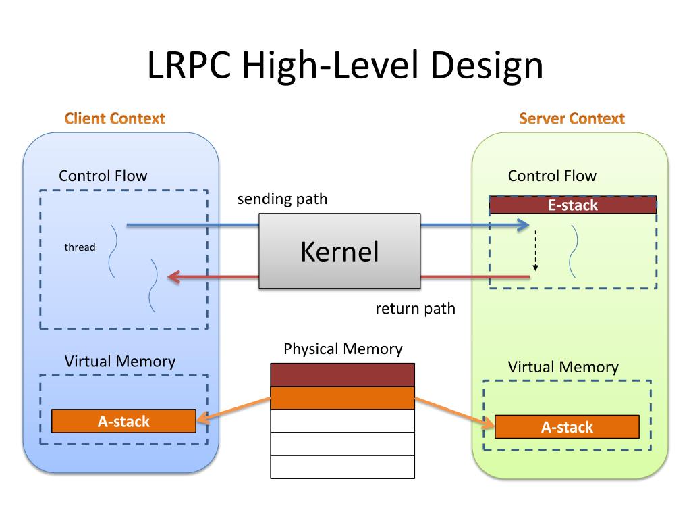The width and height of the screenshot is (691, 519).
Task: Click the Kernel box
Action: point(339,251)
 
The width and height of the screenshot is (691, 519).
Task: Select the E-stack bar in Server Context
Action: point(572,205)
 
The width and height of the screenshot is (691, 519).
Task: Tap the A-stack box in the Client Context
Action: point(123,422)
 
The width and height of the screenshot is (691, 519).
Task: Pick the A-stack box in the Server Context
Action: point(567,427)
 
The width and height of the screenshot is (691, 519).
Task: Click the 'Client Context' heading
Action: point(115,119)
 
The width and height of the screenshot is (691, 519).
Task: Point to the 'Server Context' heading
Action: point(572,119)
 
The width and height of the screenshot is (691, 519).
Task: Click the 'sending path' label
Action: point(282,199)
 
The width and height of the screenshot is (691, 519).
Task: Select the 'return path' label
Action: point(415,309)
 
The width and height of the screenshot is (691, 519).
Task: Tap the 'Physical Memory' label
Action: point(343,349)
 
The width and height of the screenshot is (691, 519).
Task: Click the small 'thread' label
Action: point(80,247)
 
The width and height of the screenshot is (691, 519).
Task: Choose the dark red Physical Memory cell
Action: point(342,375)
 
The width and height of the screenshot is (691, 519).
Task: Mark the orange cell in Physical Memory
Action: point(342,398)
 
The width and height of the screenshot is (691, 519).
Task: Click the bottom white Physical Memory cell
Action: point(342,467)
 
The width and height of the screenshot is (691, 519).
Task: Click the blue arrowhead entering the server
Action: point(523,226)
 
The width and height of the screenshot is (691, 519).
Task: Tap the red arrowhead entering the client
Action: point(174,276)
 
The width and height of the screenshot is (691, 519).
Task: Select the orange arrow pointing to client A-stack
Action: point(233,412)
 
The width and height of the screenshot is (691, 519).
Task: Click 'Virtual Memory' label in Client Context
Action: point(119,361)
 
